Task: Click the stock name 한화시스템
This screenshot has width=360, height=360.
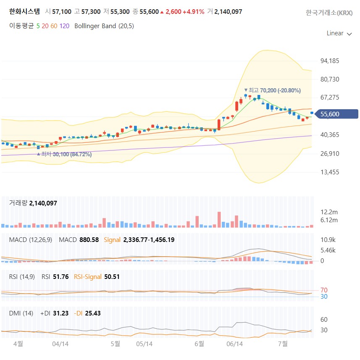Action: (x=24, y=11)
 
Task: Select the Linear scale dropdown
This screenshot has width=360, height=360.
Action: (x=339, y=33)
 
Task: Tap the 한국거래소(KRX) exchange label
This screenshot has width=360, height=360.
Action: (x=329, y=12)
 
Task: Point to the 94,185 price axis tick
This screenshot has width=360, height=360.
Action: (x=330, y=61)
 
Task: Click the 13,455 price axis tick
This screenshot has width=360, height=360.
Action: (x=330, y=172)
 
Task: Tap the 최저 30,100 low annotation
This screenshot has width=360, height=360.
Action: (x=66, y=154)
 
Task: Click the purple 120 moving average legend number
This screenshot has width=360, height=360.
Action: (x=64, y=26)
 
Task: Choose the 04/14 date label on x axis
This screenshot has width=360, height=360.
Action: (x=60, y=344)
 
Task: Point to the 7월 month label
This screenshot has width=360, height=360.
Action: (x=283, y=344)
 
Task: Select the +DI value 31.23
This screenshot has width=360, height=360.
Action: (x=60, y=313)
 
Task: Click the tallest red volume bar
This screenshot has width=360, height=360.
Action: (x=219, y=220)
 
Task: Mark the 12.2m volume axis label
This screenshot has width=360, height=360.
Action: (x=329, y=212)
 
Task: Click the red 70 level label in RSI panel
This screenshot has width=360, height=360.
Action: (x=324, y=290)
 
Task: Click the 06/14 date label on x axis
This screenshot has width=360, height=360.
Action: (x=234, y=344)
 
